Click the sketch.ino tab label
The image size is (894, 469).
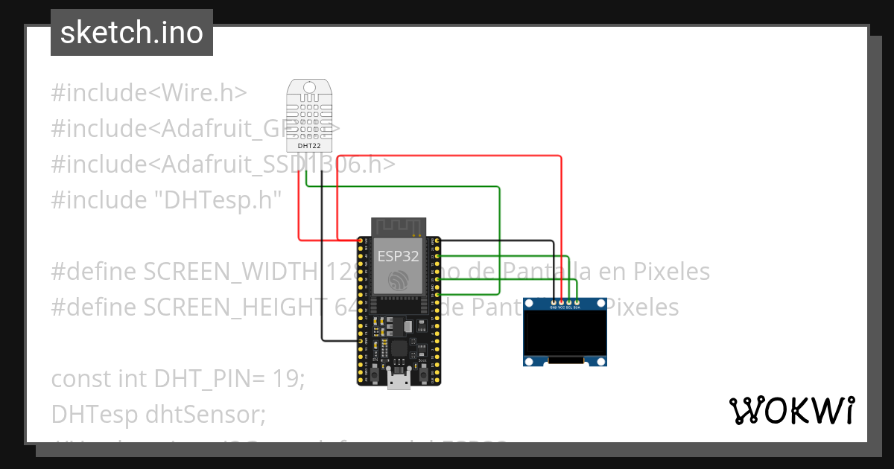click(131, 33)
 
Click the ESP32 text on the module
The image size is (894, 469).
click(398, 256)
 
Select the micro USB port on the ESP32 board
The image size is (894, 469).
click(399, 382)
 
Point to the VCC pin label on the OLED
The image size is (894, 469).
click(561, 307)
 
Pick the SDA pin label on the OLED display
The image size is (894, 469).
click(577, 307)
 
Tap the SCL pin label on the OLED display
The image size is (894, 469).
click(569, 307)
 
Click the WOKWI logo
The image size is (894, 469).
click(791, 410)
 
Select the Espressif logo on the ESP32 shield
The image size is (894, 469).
click(398, 280)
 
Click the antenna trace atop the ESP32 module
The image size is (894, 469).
click(398, 225)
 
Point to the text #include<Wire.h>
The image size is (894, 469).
click(149, 93)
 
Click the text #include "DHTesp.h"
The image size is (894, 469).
click(167, 200)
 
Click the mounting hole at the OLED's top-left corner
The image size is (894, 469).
click(530, 303)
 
